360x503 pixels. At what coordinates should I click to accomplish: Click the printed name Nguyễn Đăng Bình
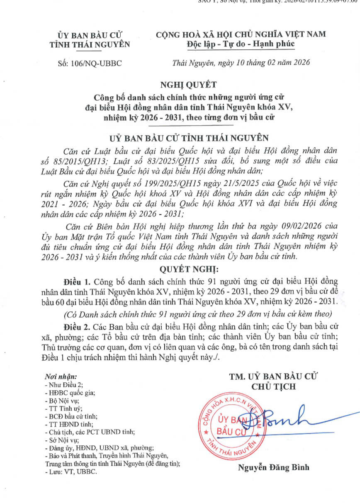click(x=273, y=468)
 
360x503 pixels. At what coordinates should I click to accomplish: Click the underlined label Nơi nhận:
click(x=61, y=377)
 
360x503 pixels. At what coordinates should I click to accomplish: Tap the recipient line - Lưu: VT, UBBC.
click(x=71, y=472)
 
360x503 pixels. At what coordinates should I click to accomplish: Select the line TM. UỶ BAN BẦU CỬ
click(x=273, y=377)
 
